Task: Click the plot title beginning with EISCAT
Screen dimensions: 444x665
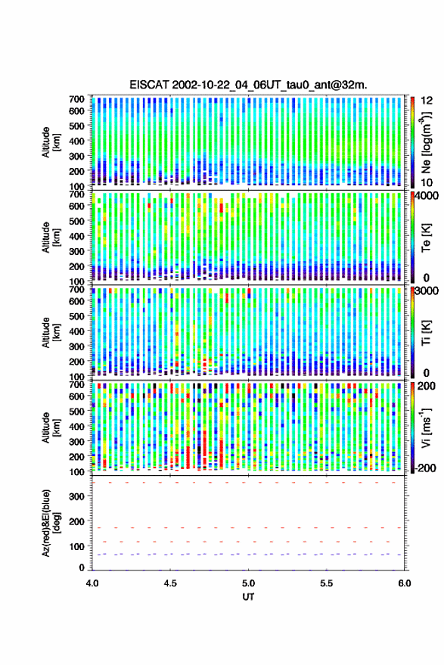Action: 248,85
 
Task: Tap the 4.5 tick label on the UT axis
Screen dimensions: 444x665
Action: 170,583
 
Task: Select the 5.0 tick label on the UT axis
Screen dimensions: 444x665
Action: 249,583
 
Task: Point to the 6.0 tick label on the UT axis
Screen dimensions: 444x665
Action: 405,583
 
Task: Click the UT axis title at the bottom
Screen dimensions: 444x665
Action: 249,597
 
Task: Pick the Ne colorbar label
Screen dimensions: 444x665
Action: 426,142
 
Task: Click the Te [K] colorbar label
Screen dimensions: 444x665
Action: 426,238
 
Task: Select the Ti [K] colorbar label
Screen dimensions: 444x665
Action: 426,333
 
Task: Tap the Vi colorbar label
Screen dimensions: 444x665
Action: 426,427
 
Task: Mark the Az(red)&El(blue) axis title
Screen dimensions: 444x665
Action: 51,523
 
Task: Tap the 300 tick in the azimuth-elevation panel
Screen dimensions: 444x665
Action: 76,496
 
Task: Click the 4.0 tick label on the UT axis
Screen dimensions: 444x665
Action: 92,583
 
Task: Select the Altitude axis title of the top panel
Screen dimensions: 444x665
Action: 50,142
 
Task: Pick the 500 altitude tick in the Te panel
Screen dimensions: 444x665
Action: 76,221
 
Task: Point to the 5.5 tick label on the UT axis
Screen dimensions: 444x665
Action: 327,583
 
